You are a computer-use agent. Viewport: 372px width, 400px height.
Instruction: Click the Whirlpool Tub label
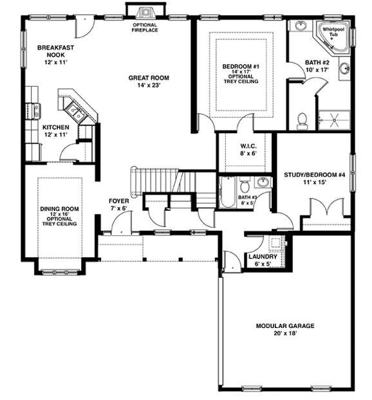pyautogui.click(x=333, y=32)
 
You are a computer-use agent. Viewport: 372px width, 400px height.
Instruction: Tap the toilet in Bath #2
pyautogui.click(x=302, y=121)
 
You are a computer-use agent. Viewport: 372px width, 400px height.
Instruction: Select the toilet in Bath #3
pyautogui.click(x=245, y=186)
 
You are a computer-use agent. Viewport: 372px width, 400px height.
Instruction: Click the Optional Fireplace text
pyautogui.click(x=145, y=27)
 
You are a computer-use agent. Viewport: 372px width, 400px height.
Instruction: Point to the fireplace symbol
pyautogui.click(x=145, y=12)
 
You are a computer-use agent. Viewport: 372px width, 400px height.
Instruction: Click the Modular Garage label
pyautogui.click(x=285, y=326)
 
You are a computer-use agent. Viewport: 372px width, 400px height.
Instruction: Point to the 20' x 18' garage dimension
pyautogui.click(x=285, y=333)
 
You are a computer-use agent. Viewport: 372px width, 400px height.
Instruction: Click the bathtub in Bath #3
pyautogui.click(x=228, y=192)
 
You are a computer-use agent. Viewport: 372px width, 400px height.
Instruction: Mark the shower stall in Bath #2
pyautogui.click(x=334, y=120)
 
